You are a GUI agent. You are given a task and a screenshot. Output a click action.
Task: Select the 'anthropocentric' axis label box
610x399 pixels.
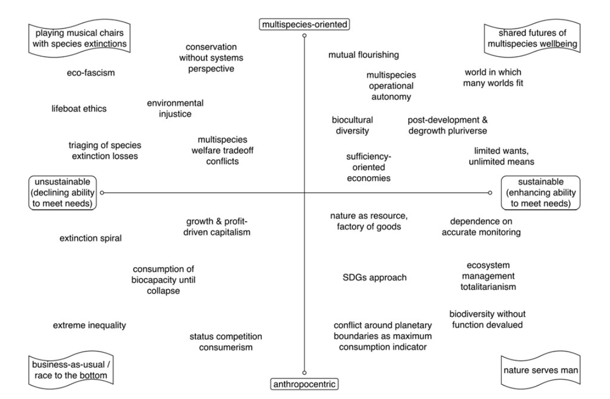pos(304,384)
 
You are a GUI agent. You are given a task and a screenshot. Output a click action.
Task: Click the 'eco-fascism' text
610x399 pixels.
pos(88,73)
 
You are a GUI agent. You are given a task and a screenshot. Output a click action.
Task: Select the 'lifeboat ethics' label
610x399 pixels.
pos(79,109)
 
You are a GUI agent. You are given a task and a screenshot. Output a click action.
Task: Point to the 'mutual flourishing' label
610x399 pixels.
pos(363,55)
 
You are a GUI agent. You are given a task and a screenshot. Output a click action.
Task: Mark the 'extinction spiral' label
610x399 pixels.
pos(90,238)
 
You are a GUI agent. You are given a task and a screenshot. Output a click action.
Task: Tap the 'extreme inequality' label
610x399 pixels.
pos(89,325)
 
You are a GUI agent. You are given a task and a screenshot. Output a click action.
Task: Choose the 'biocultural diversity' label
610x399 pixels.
pos(352,125)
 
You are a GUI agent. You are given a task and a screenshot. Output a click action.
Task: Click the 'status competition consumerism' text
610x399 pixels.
pos(226,342)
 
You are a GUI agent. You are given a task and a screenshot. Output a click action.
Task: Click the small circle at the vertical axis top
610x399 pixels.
pos(304,35)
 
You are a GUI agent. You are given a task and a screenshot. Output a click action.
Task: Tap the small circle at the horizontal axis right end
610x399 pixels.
pos(490,192)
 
